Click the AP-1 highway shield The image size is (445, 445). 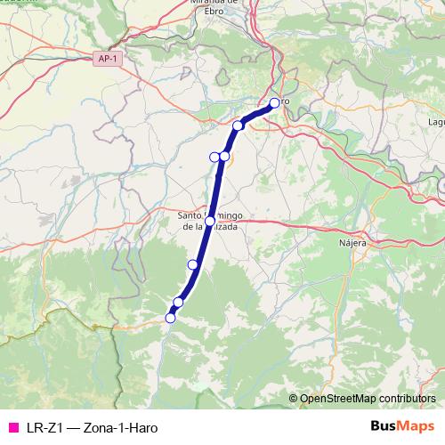(106, 57)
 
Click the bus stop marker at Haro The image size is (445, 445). (275, 103)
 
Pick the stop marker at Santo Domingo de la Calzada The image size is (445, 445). (210, 221)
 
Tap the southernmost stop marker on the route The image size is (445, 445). (170, 318)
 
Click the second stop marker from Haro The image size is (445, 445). (239, 125)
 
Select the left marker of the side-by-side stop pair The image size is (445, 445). (214, 157)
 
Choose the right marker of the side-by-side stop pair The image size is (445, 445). (224, 157)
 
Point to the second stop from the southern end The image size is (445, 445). (178, 303)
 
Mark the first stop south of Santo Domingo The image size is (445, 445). (192, 264)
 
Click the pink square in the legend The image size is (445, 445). (12, 427)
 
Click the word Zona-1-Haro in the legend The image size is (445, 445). (117, 427)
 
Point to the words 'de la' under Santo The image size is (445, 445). (194, 228)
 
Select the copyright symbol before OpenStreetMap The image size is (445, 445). (293, 398)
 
